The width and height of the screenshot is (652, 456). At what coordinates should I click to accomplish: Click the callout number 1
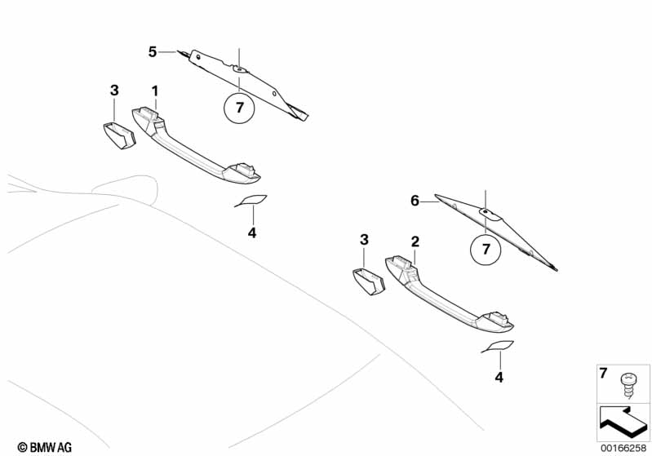pyautogui.click(x=154, y=89)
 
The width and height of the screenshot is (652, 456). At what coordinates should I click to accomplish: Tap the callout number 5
pyautogui.click(x=153, y=52)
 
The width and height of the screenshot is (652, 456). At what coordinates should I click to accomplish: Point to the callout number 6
pyautogui.click(x=415, y=201)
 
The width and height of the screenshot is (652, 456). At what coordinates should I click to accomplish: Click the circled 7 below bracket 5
pyautogui.click(x=239, y=108)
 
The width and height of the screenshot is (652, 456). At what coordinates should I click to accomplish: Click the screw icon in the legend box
pyautogui.click(x=628, y=383)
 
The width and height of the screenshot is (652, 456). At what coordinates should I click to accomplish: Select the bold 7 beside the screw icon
pyautogui.click(x=604, y=374)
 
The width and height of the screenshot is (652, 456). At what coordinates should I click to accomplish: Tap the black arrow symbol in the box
pyautogui.click(x=621, y=421)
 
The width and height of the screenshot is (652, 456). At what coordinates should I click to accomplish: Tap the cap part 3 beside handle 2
pyautogui.click(x=368, y=281)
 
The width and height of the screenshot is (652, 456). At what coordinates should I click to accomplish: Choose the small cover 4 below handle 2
pyautogui.click(x=499, y=346)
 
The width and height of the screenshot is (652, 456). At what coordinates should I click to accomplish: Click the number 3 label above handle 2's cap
pyautogui.click(x=364, y=240)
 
